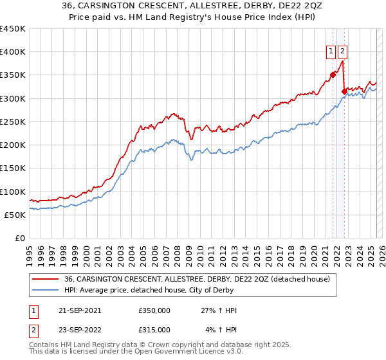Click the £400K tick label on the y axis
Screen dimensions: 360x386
click(x=13, y=52)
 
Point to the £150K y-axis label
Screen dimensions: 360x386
click(x=13, y=168)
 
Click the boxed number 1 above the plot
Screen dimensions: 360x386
click(x=331, y=52)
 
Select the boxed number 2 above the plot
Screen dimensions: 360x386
click(x=342, y=52)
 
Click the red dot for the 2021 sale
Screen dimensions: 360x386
click(x=333, y=75)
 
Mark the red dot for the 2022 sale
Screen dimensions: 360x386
click(x=344, y=91)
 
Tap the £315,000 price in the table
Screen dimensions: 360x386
click(x=154, y=330)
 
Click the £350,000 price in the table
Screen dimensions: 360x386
click(x=154, y=310)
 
